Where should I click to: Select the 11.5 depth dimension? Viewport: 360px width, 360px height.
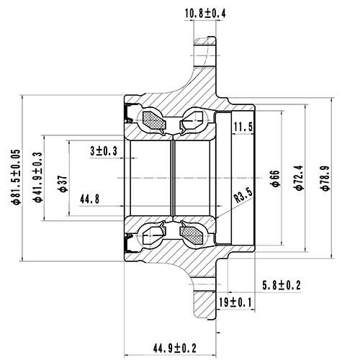coord(245,127)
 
